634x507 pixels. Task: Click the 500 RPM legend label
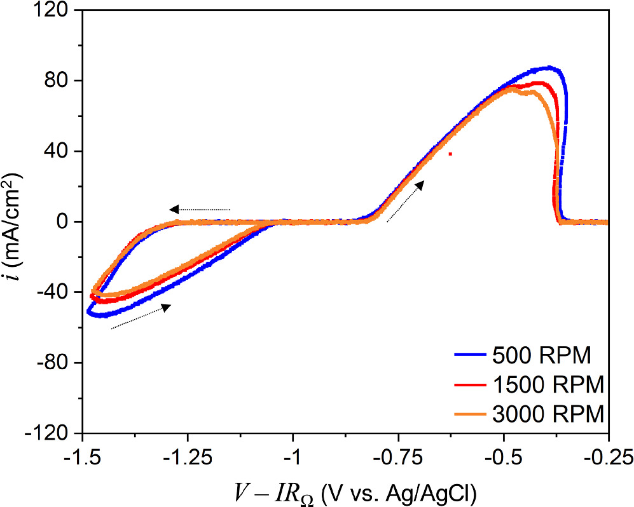coord(542,356)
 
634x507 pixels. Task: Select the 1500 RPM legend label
coord(548,385)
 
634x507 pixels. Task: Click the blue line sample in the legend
coord(471,356)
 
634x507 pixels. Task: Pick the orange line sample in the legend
coord(471,414)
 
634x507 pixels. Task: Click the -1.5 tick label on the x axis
coord(82,456)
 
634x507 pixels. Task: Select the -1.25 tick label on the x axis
coord(188,456)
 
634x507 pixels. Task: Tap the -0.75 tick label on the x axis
coord(398,456)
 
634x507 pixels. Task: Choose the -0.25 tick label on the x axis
coord(608,456)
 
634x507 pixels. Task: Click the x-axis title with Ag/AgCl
coord(345,490)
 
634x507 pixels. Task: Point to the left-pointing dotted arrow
coord(200,209)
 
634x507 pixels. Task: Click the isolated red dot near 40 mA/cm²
coord(450,154)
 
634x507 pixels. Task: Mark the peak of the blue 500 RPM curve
coord(549,67)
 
